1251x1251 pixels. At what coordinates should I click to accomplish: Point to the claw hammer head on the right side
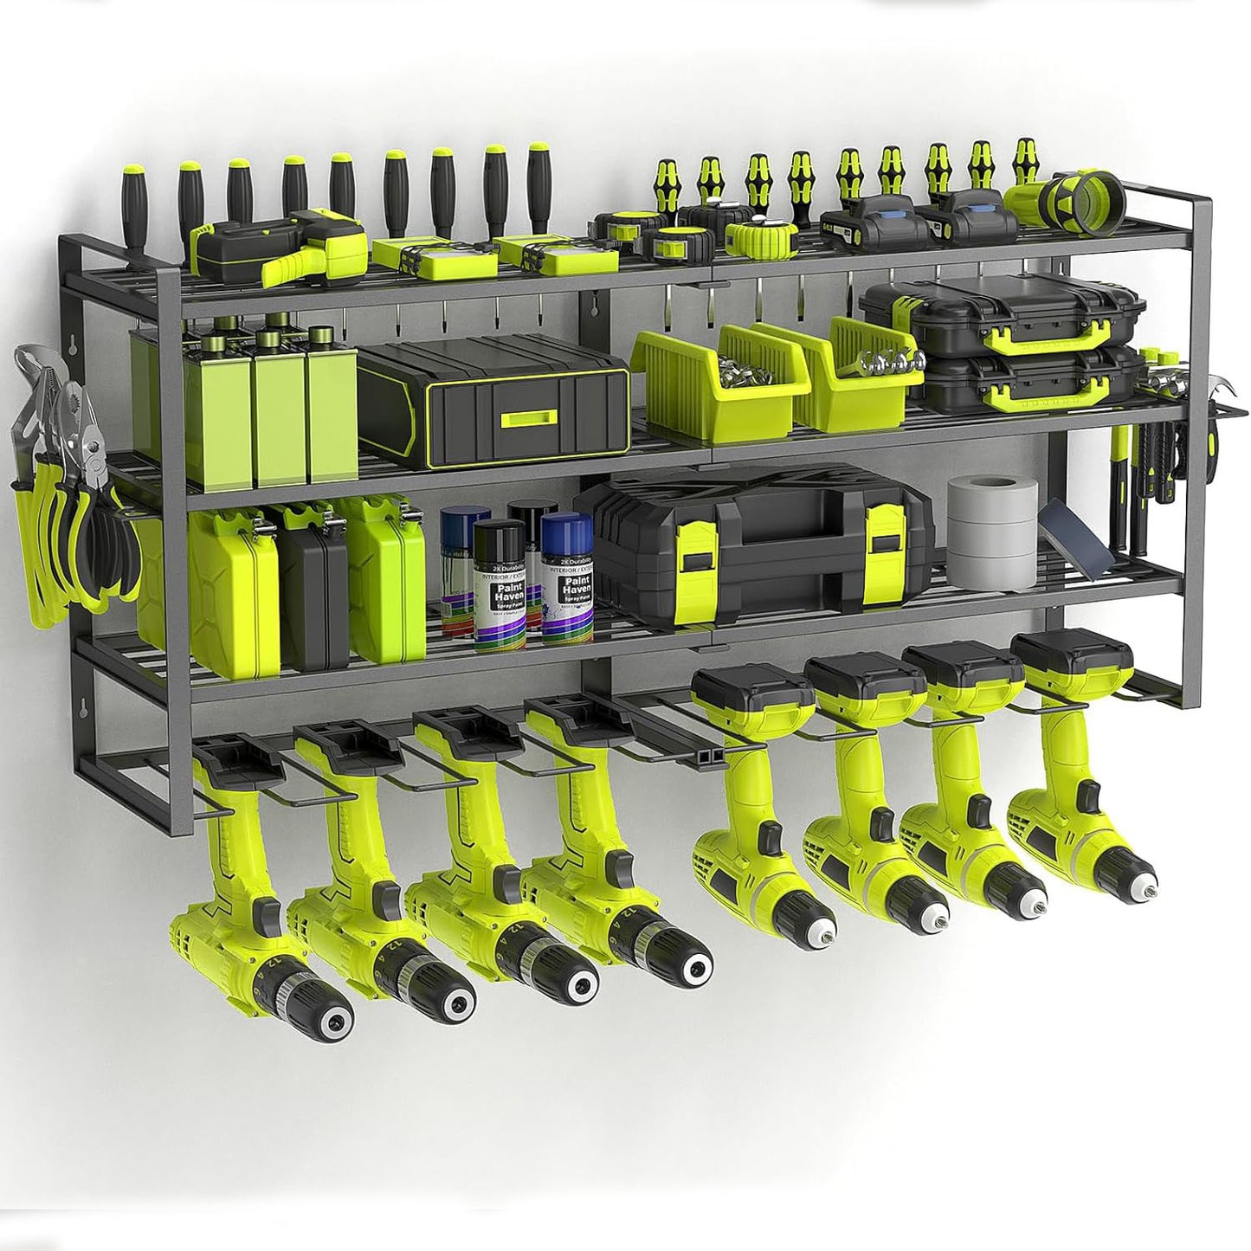click(1216, 390)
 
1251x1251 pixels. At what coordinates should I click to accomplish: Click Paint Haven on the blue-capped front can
click(567, 574)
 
